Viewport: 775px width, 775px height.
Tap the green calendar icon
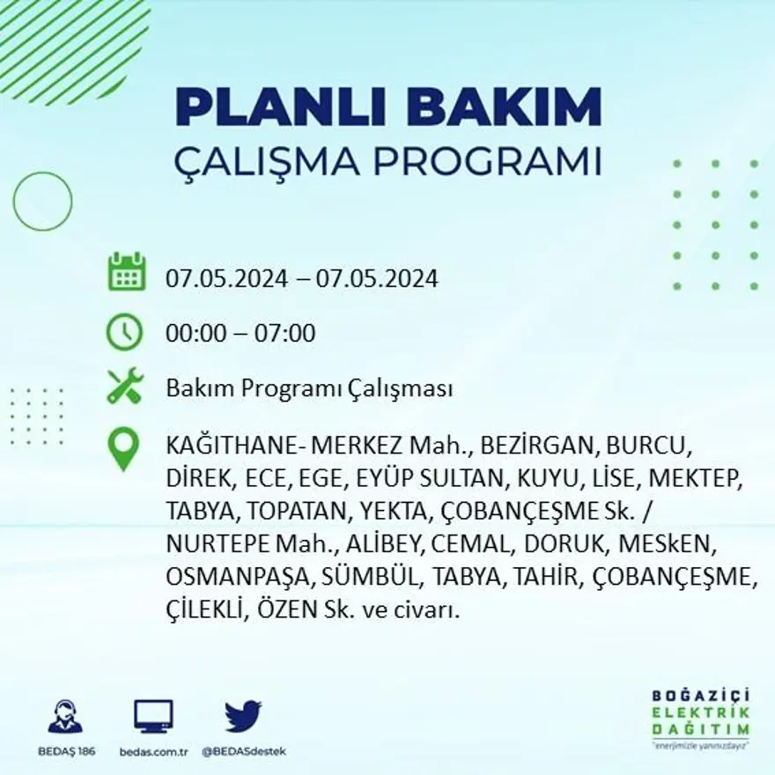[126, 272]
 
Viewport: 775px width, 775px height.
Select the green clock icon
[125, 332]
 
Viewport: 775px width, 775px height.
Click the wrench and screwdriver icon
[125, 387]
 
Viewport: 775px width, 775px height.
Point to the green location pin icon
[123, 448]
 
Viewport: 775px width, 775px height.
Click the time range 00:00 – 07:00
[240, 334]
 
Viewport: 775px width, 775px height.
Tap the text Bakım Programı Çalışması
[309, 389]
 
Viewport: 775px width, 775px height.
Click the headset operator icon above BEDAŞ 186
[65, 717]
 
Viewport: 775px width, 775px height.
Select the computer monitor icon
[153, 717]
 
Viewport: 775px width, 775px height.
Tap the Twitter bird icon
[243, 715]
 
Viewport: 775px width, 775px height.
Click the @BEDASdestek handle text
[243, 751]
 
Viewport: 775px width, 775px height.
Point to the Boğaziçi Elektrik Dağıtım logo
[700, 717]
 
